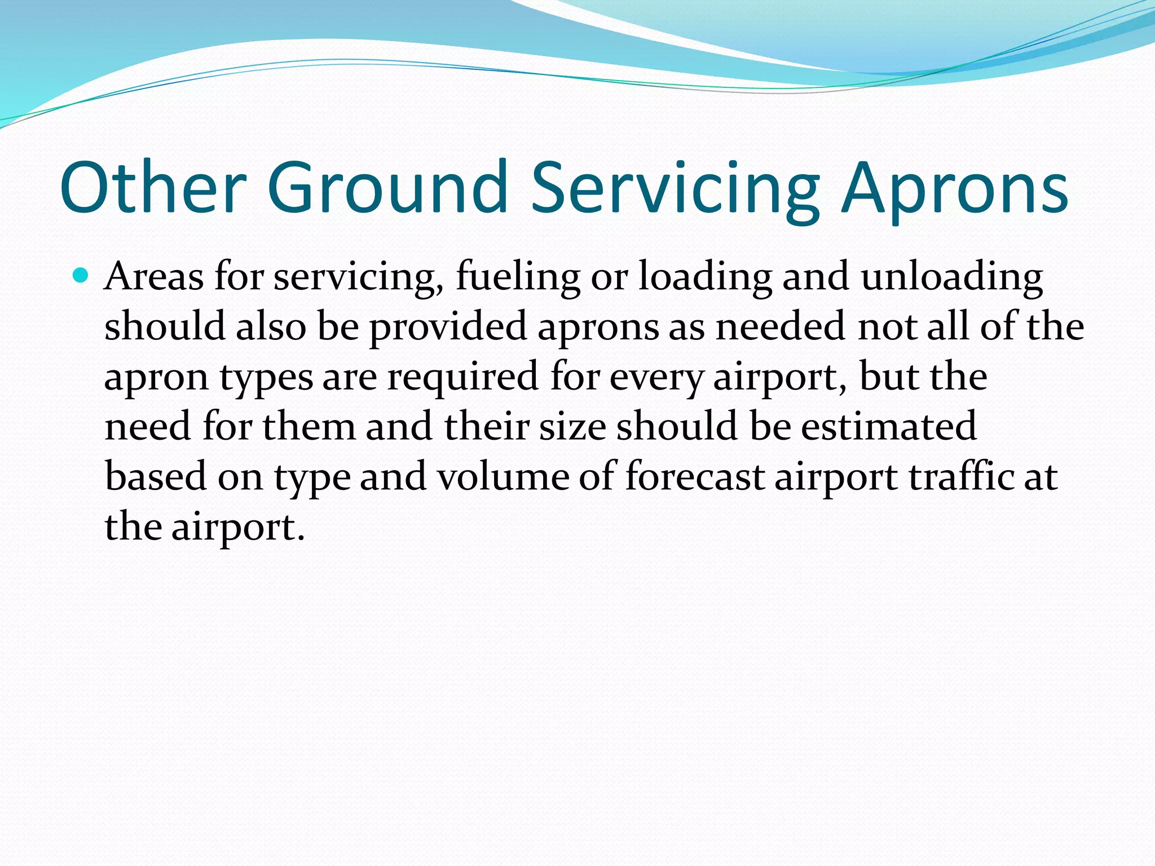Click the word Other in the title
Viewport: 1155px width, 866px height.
(x=153, y=187)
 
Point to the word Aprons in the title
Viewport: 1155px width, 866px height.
(x=954, y=187)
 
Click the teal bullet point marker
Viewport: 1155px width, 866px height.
(x=81, y=276)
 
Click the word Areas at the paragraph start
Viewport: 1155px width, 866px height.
(x=153, y=277)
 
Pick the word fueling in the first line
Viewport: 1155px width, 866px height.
(x=518, y=277)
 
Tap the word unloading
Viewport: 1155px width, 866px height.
(x=951, y=277)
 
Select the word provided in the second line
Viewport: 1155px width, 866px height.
(x=448, y=327)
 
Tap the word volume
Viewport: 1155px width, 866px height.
(x=503, y=476)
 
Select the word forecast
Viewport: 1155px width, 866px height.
(x=695, y=476)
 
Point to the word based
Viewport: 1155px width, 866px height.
(x=156, y=476)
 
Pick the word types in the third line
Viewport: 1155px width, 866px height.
(x=266, y=377)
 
